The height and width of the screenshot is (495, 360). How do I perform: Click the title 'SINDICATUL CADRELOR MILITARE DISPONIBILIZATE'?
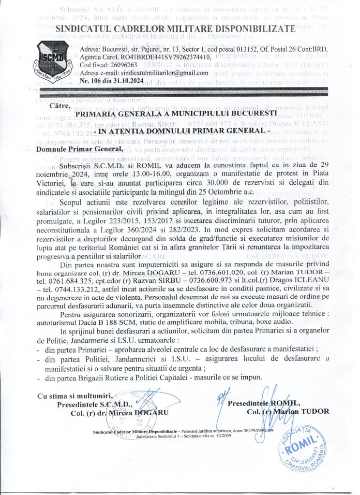(x=175, y=30)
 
